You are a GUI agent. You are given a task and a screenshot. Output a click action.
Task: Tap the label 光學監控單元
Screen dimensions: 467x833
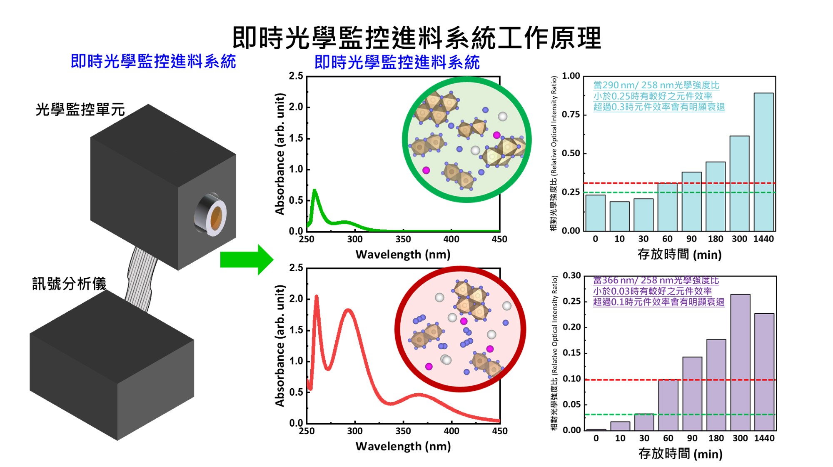pyautogui.click(x=80, y=110)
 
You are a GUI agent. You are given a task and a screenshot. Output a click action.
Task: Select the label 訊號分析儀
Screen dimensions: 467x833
pyautogui.click(x=69, y=284)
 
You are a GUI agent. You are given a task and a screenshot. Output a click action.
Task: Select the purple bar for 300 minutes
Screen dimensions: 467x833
pyautogui.click(x=740, y=362)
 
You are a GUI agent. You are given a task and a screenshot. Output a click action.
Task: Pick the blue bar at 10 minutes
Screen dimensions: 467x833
pyautogui.click(x=619, y=216)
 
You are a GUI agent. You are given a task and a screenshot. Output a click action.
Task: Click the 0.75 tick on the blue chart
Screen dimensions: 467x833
pyautogui.click(x=571, y=115)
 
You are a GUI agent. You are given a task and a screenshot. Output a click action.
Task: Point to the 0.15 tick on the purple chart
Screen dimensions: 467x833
pyautogui.click(x=571, y=353)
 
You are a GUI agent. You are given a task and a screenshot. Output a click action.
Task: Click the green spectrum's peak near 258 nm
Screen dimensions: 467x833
pyautogui.click(x=314, y=191)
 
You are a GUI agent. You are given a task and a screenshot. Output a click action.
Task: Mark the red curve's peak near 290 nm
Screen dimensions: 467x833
pyautogui.click(x=348, y=310)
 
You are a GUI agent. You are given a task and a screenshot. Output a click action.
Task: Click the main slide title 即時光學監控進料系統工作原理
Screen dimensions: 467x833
pyautogui.click(x=416, y=37)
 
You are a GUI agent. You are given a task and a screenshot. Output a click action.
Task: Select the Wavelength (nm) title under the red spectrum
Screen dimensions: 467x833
pyautogui.click(x=403, y=446)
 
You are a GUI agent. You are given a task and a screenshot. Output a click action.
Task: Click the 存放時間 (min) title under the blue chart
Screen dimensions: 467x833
pyautogui.click(x=679, y=254)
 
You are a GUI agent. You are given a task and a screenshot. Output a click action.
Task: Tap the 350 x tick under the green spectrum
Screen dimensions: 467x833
pyautogui.click(x=403, y=239)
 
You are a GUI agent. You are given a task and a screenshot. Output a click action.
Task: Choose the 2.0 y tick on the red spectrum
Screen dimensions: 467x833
pyautogui.click(x=296, y=299)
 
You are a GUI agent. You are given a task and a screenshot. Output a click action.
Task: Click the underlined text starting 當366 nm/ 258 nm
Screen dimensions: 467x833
pyautogui.click(x=656, y=280)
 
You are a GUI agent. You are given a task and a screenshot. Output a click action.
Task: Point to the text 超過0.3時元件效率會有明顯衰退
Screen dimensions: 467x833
pyautogui.click(x=659, y=107)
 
